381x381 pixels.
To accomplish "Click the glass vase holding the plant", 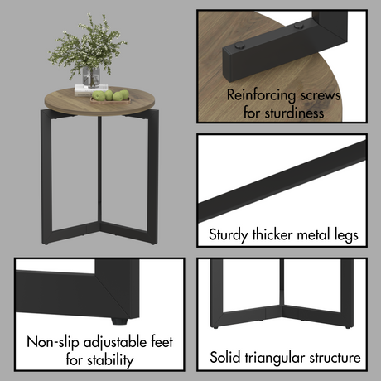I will [x=92, y=76].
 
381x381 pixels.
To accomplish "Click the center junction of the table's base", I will [x=99, y=223].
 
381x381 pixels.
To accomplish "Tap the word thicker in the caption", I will [x=272, y=235].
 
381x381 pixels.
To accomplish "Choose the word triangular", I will [x=284, y=358].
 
